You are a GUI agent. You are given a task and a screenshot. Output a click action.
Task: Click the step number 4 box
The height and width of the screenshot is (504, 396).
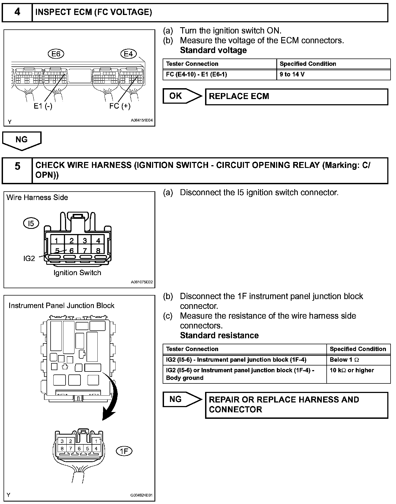pos(17,12)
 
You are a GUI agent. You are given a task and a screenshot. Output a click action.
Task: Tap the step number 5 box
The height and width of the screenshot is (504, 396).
pos(17,170)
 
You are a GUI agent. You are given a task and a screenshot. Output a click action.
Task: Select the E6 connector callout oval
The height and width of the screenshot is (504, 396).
pos(56,54)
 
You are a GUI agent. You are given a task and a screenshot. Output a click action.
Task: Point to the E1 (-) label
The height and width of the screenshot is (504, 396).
pos(43,106)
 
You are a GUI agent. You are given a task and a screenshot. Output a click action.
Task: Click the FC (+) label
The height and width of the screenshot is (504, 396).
pos(120,106)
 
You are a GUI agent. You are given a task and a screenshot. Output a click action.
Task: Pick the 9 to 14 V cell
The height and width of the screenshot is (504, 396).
pos(333,75)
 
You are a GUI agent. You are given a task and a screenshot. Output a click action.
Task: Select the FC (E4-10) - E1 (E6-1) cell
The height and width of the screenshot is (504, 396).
pos(219,75)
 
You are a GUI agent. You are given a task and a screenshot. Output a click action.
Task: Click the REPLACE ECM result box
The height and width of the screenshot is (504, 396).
pos(296,96)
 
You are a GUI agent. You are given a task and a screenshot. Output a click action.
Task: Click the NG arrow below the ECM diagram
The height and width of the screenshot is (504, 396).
pos(22,140)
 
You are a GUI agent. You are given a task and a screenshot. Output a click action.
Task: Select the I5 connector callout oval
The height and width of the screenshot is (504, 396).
pos(31,223)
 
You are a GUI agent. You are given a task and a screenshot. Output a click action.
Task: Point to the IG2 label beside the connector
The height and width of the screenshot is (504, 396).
pos(29,258)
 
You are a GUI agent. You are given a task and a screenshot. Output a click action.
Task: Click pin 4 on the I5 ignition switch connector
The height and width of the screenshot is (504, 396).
pos(98,240)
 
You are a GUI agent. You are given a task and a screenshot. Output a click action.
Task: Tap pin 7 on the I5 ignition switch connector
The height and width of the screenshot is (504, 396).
pos(85,250)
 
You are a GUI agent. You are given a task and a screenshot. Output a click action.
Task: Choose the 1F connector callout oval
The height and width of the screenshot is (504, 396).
pos(124,451)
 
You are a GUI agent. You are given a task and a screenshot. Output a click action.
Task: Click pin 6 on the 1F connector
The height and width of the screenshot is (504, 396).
pos(79,448)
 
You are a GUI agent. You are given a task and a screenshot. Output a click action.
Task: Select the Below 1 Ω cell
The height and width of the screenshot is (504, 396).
pos(358,360)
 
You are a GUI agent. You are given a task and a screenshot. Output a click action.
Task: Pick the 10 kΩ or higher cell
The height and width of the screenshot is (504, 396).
pos(358,374)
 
